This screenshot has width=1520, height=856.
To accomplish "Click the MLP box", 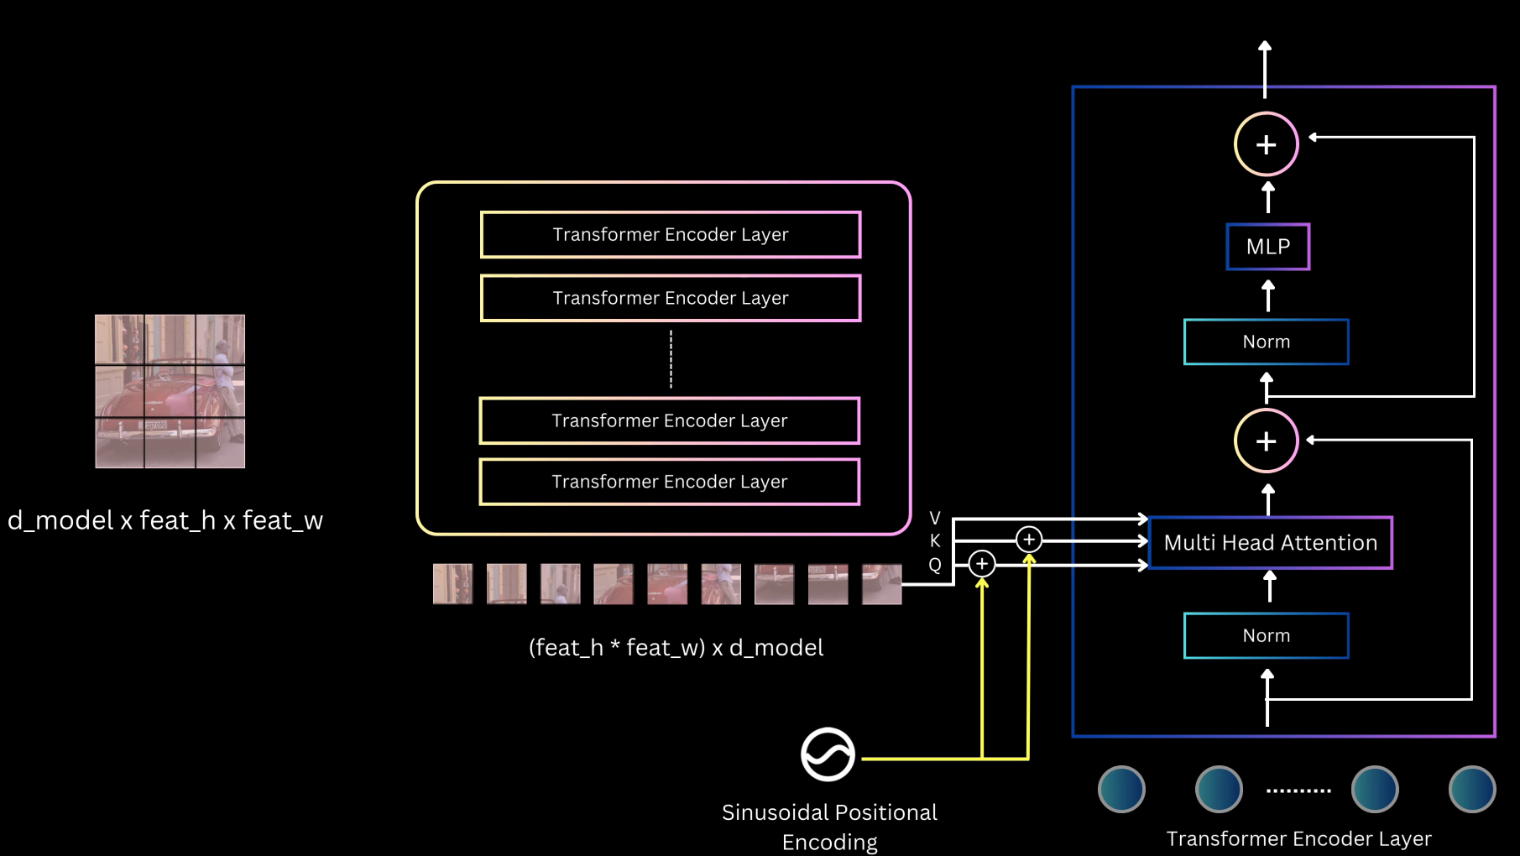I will tap(1267, 247).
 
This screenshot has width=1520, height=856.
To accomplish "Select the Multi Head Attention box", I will tap(1270, 543).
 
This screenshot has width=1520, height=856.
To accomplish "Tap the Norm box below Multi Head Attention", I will tap(1266, 636).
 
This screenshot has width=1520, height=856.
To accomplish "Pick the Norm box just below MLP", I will tap(1266, 342).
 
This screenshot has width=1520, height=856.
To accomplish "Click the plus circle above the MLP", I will tap(1266, 144).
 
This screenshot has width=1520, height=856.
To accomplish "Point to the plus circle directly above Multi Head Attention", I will tap(1266, 441).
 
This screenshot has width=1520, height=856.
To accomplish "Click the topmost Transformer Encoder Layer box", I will tap(671, 235).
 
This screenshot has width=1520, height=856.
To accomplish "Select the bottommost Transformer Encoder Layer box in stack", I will tap(669, 482).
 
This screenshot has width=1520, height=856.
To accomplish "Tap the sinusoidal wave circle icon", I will tap(828, 754).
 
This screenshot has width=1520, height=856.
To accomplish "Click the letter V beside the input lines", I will tap(935, 518).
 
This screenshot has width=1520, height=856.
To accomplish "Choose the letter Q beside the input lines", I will tap(935, 565).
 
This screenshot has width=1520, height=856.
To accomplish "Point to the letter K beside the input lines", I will tap(935, 541).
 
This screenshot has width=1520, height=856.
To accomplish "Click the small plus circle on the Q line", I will tap(981, 563).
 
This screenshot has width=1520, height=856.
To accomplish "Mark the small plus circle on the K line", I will tap(1028, 539).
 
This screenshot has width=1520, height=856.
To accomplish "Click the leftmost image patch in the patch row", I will tap(452, 584).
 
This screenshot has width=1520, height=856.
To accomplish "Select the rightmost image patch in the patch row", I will tap(881, 584).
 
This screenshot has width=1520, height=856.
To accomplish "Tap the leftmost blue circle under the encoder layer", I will tap(1121, 789).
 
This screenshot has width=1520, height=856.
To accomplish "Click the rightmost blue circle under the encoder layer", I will tap(1471, 789).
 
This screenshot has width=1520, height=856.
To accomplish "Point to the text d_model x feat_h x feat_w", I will tap(165, 520).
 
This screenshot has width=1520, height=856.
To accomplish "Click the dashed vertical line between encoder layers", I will tap(671, 359).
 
